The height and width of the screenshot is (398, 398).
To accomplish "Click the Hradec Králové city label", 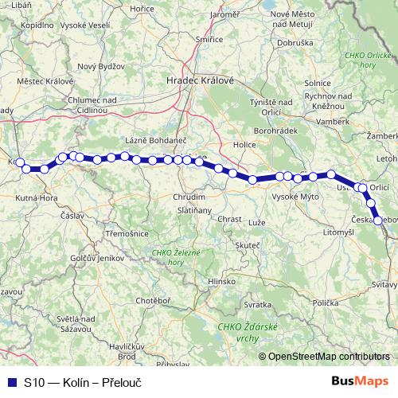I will tap(200, 80).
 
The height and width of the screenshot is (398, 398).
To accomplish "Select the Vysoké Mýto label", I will tap(296, 195).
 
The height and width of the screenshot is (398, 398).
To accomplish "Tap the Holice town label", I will tap(243, 145).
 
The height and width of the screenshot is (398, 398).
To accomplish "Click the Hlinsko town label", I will tap(221, 281).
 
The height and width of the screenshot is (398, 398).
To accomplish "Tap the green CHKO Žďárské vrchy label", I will tap(242, 331).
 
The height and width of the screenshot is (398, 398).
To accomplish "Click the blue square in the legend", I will tap(10, 382).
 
